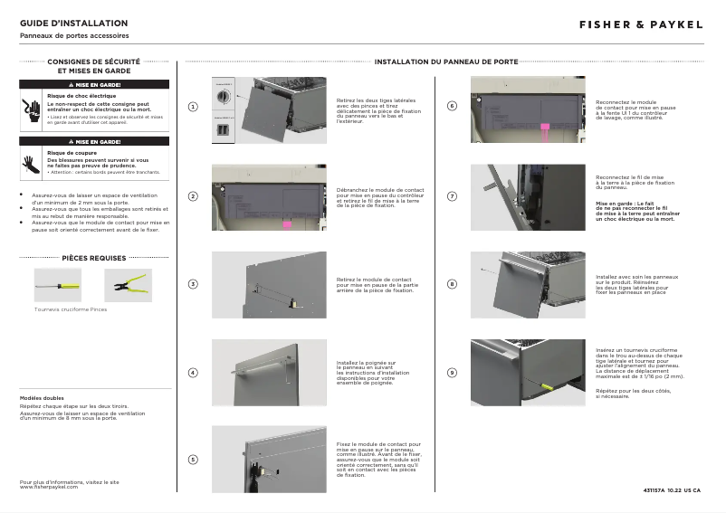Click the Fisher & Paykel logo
coord(641,24)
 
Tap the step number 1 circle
coord(193,108)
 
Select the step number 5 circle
coord(193,460)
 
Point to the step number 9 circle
coord(453,372)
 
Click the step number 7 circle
coord(453,196)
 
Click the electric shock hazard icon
coord(32,109)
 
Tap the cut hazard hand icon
coord(32,163)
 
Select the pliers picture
coord(128,286)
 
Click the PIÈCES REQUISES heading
coord(94,258)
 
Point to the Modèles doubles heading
coord(42,399)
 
